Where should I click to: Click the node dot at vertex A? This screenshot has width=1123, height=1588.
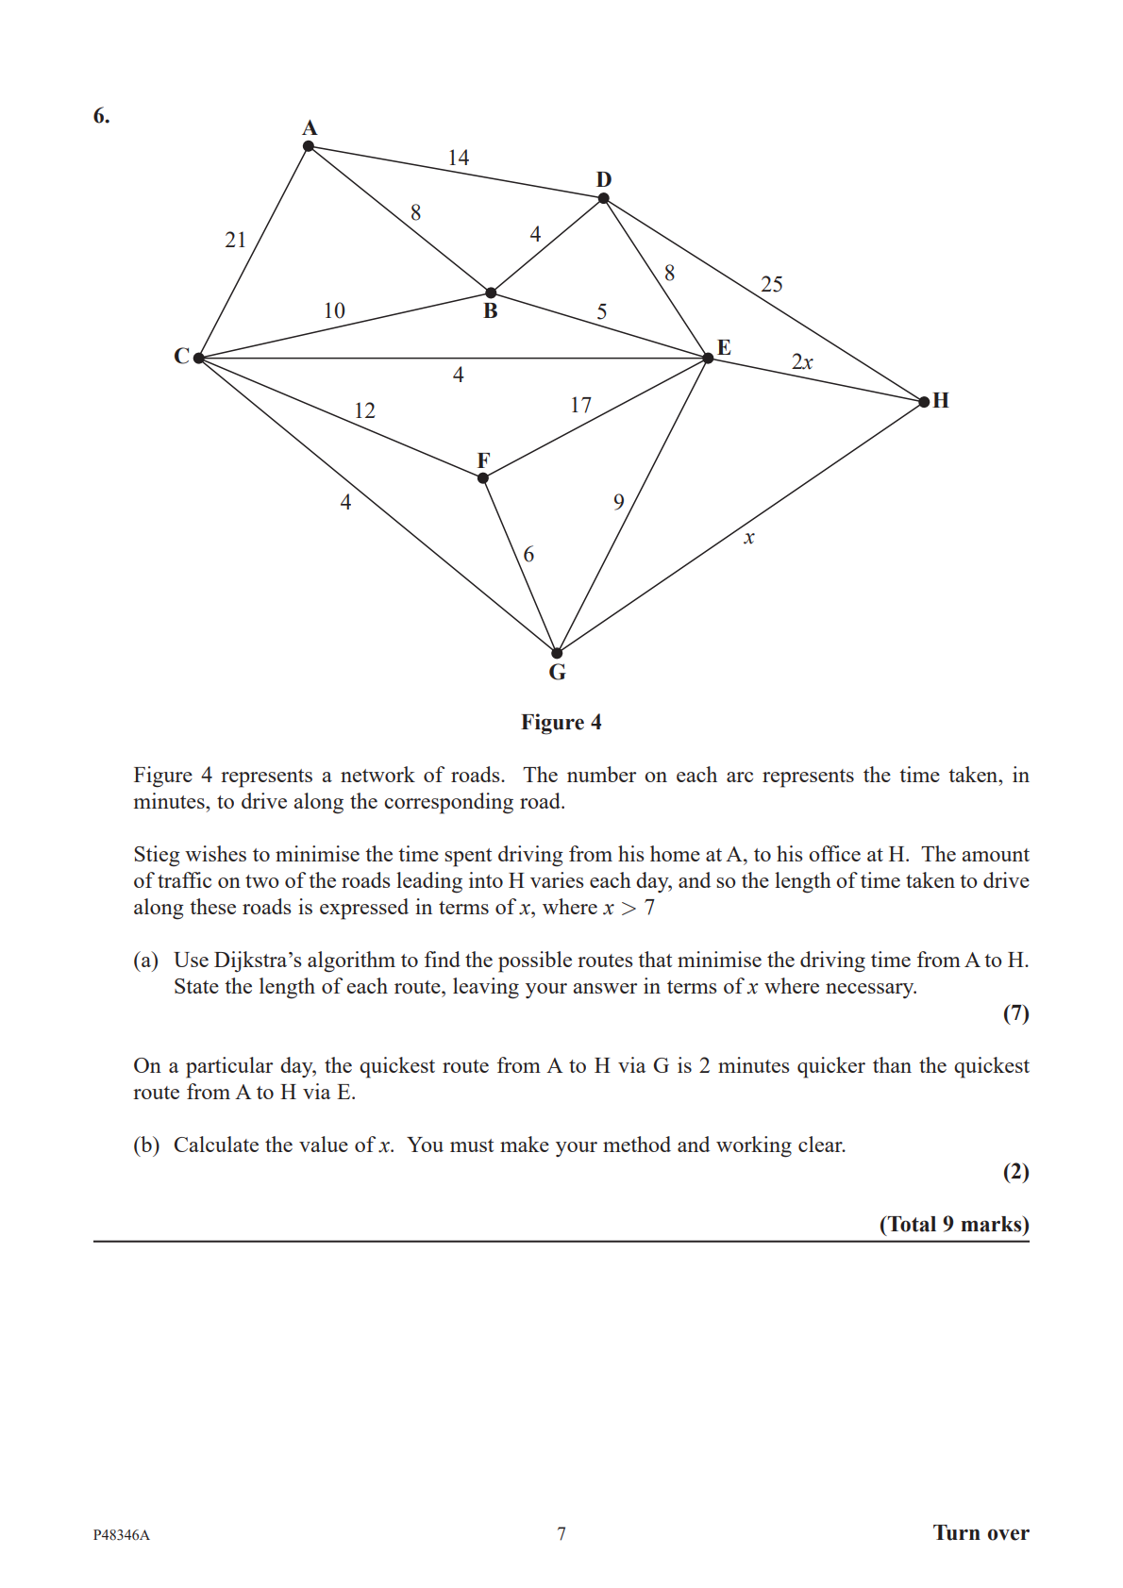[x=309, y=146]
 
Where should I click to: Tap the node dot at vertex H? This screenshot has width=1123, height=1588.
[x=924, y=402]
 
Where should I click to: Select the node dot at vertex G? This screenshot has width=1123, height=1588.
[x=557, y=653]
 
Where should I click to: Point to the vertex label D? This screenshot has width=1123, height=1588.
[x=604, y=179]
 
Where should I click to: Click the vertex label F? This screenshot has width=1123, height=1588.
[x=483, y=460]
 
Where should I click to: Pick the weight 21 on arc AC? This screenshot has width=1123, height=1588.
[x=235, y=240]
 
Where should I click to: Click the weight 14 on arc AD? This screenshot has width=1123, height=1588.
[x=459, y=158]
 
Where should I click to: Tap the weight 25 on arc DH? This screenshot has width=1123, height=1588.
[x=771, y=284]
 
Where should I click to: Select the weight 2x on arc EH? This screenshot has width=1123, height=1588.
[x=802, y=361]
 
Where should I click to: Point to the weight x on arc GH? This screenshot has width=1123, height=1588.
[x=748, y=538]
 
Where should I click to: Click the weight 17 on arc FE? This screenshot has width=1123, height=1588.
[x=580, y=405]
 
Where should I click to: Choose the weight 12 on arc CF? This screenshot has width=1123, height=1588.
[x=364, y=410]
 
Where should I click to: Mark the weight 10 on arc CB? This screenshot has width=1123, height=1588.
[x=334, y=310]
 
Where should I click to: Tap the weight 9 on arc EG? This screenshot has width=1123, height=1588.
[x=619, y=502]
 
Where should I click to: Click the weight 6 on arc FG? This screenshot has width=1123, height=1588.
[x=528, y=554]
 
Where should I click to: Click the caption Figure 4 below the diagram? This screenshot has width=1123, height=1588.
[x=561, y=723]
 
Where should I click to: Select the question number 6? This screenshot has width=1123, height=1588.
[x=101, y=116]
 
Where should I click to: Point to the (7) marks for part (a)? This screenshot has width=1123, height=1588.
[x=1015, y=1013]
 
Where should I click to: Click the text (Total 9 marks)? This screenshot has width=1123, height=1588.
[x=953, y=1225]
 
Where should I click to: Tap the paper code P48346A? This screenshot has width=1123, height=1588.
[x=121, y=1535]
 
